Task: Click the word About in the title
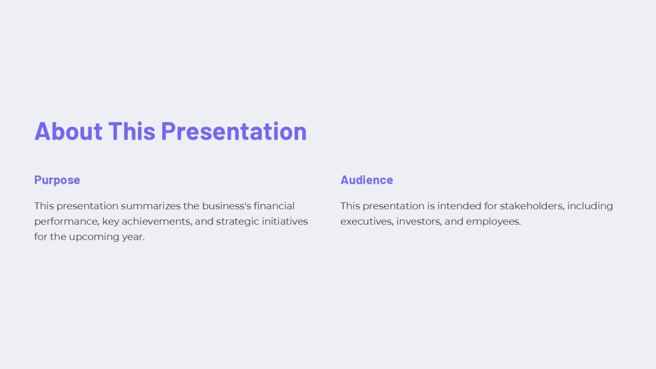tap(68, 131)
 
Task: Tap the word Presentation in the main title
tap(233, 131)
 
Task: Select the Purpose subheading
tap(57, 180)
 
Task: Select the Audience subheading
tap(366, 180)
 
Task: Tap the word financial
tap(274, 206)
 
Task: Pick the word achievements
tap(153, 221)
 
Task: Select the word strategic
tap(236, 221)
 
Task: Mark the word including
tap(591, 206)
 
